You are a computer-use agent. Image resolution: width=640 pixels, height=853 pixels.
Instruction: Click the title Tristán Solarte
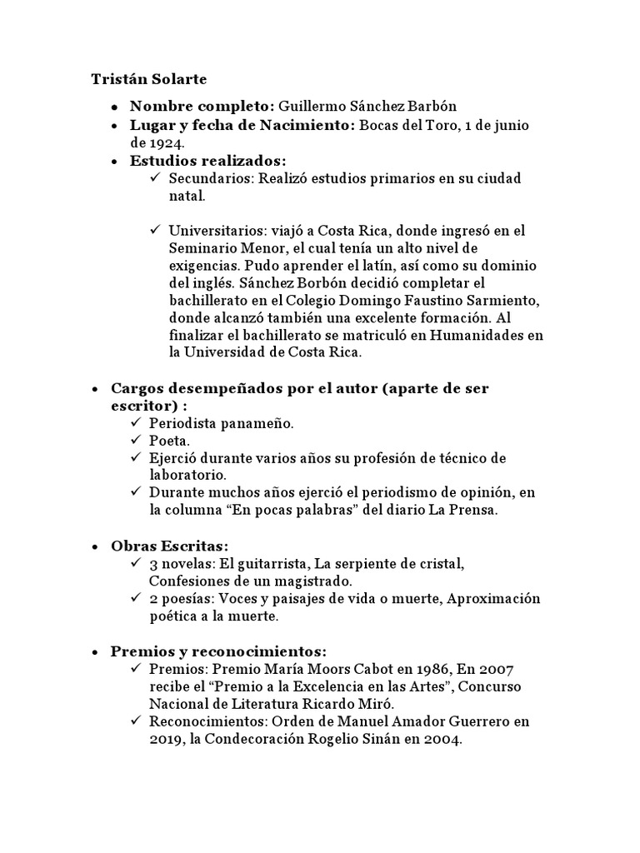pyautogui.click(x=148, y=79)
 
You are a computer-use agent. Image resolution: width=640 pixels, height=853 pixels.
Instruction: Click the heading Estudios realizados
pyautogui.click(x=207, y=161)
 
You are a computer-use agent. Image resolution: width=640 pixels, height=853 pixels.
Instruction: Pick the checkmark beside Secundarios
pyautogui.click(x=156, y=179)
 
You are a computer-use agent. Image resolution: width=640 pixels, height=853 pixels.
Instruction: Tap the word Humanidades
pyautogui.click(x=479, y=335)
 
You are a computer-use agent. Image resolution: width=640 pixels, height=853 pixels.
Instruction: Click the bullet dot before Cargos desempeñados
pyautogui.click(x=95, y=389)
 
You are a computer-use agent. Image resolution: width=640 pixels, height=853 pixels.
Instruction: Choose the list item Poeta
pyautogui.click(x=169, y=441)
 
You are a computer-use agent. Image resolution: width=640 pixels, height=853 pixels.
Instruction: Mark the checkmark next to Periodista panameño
pyautogui.click(x=136, y=423)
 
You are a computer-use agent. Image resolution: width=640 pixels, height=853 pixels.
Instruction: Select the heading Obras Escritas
pyautogui.click(x=169, y=546)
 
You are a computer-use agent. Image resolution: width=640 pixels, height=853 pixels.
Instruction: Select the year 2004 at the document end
pyautogui.click(x=442, y=740)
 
